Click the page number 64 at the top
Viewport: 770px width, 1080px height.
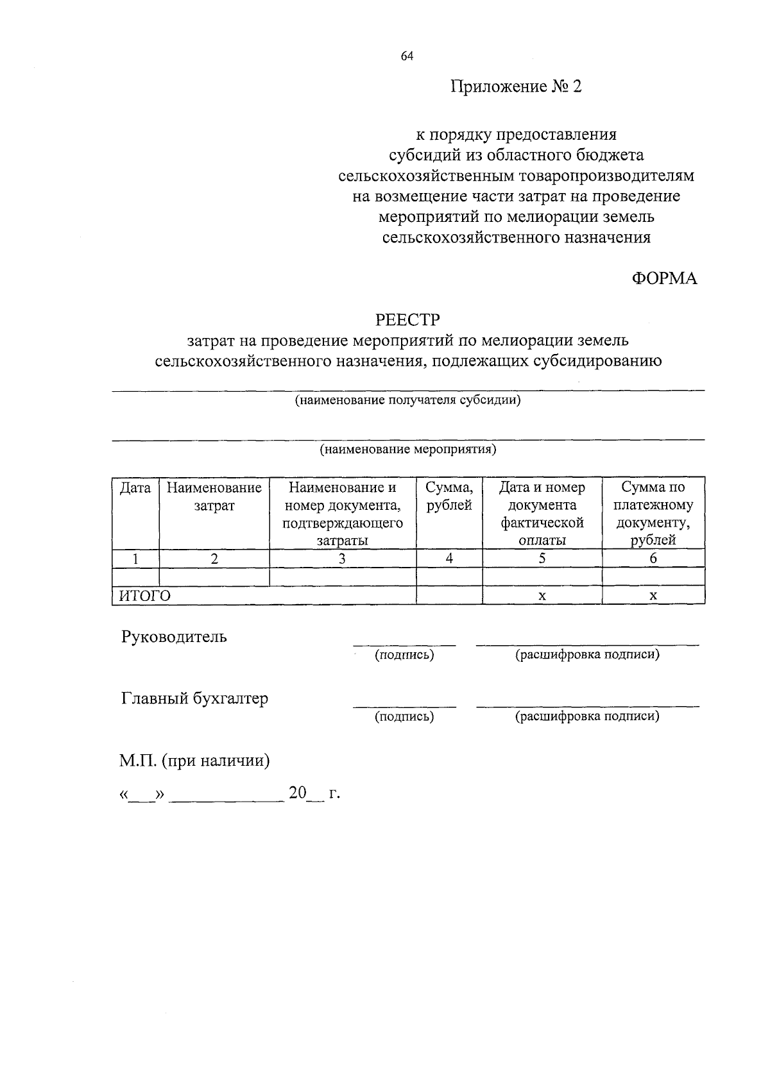click(x=407, y=56)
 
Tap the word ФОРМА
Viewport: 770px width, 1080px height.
click(x=663, y=278)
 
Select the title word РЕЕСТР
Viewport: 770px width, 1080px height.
click(x=407, y=319)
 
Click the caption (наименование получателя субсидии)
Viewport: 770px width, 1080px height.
click(x=407, y=401)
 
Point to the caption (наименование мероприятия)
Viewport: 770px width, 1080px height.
click(x=408, y=449)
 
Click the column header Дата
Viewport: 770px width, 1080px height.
click(x=135, y=488)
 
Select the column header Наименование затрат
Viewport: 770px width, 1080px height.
click(x=214, y=497)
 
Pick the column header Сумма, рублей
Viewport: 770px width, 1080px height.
click(x=449, y=497)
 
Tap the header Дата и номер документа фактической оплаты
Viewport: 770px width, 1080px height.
click(x=542, y=514)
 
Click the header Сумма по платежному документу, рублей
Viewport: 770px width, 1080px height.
click(x=653, y=514)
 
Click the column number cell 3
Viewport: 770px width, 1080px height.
click(x=343, y=559)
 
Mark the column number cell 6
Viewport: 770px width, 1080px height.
click(x=653, y=559)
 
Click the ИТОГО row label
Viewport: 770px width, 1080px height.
click(x=145, y=596)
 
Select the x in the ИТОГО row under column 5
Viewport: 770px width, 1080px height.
click(x=542, y=596)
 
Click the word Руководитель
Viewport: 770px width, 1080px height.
click(x=174, y=637)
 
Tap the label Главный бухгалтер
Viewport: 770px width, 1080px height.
click(x=194, y=698)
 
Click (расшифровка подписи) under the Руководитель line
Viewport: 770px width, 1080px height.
click(x=587, y=655)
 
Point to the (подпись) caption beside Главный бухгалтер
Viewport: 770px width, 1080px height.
click(x=404, y=716)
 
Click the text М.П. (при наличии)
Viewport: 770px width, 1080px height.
click(x=194, y=761)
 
